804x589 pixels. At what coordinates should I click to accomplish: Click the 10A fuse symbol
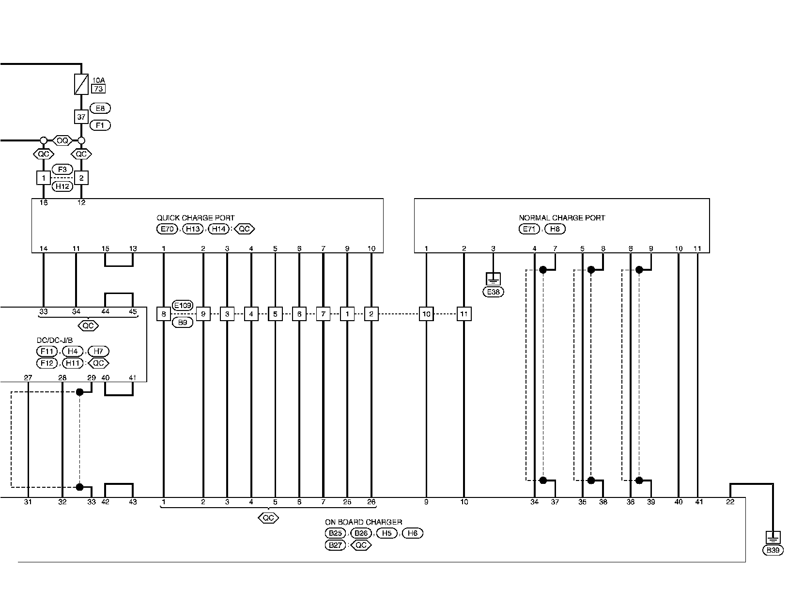pyautogui.click(x=81, y=84)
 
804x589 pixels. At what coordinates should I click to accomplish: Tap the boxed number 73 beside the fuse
pyautogui.click(x=98, y=89)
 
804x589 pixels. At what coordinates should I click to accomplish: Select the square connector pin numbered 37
pyautogui.click(x=81, y=117)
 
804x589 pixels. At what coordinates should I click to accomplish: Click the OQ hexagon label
pyautogui.click(x=62, y=140)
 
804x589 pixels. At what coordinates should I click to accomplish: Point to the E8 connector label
pyautogui.click(x=100, y=108)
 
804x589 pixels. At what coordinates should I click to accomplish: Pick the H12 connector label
pyautogui.click(x=62, y=186)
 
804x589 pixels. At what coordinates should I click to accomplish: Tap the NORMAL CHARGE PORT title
pyautogui.click(x=562, y=218)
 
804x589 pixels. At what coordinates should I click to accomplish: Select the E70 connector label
pyautogui.click(x=167, y=229)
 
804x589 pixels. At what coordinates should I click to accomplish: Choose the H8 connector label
pyautogui.click(x=555, y=229)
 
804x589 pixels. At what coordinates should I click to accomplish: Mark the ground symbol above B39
pyautogui.click(x=773, y=538)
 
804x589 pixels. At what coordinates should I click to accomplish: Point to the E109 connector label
pyautogui.click(x=183, y=306)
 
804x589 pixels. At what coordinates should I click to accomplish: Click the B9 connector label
pyautogui.click(x=183, y=322)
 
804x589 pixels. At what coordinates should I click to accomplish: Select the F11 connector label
pyautogui.click(x=47, y=351)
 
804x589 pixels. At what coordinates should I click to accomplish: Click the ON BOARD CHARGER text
pyautogui.click(x=364, y=522)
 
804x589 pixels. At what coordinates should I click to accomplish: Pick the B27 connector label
pyautogui.click(x=335, y=545)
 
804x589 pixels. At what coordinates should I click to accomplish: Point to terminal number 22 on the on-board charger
pyautogui.click(x=730, y=502)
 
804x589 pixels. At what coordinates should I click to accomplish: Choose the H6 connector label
pyautogui.click(x=412, y=533)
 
